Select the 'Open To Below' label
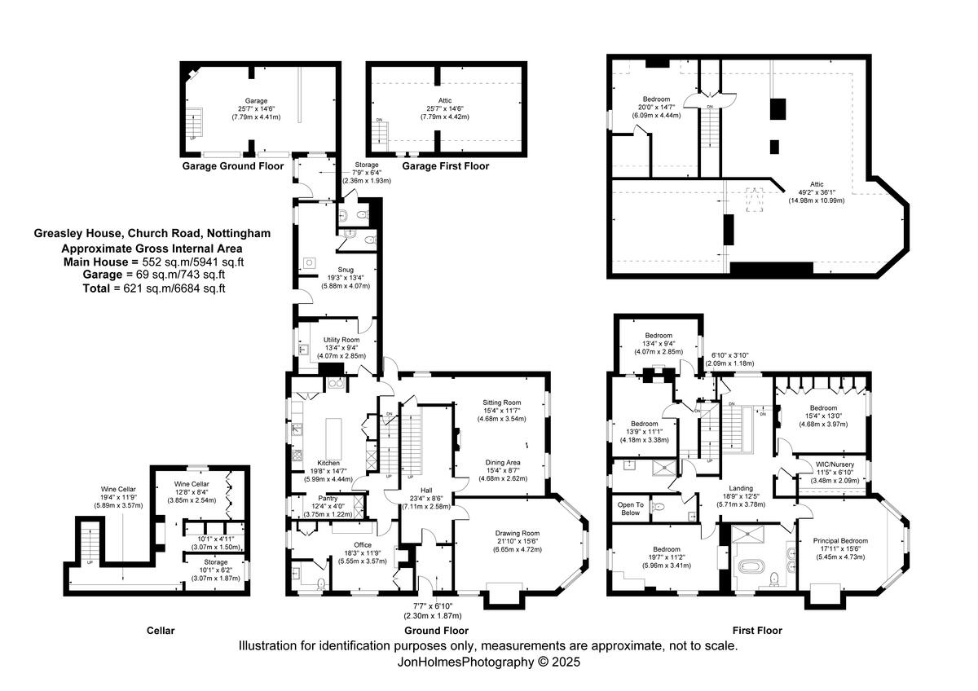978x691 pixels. tap(629, 508)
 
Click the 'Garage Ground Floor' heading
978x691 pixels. tap(233, 166)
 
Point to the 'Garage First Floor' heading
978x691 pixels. tap(445, 166)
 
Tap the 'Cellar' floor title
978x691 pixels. tap(161, 631)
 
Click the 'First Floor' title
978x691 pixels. tap(757, 631)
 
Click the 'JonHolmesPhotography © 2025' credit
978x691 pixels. tap(488, 662)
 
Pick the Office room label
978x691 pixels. tap(363, 545)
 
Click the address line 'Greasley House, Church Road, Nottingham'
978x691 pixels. tap(152, 233)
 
